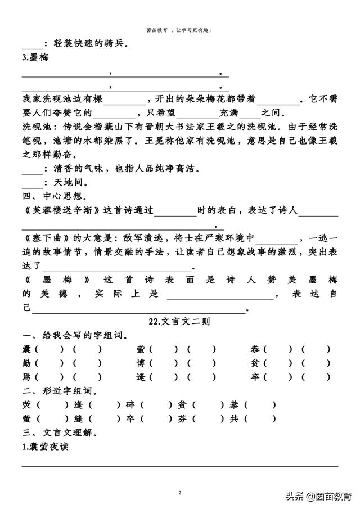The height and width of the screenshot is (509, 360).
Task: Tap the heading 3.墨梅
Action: point(34,58)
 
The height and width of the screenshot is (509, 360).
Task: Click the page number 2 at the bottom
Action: point(180,493)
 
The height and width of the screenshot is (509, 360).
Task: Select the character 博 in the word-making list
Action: point(140,363)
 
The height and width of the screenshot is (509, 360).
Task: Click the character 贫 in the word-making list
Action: point(255,363)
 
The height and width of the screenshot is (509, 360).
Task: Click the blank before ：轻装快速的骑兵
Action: point(31,43)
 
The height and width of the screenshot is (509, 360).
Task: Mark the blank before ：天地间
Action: point(31,183)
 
